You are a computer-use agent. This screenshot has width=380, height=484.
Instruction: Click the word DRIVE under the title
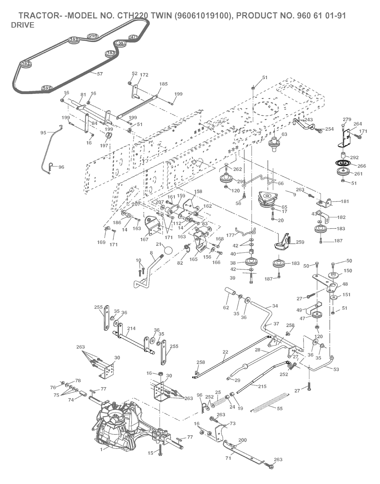click(23, 25)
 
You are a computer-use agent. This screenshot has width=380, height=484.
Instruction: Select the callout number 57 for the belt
click(99, 74)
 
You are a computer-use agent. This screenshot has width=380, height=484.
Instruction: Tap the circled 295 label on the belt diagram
click(92, 36)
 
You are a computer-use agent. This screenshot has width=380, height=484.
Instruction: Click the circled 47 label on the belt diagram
click(133, 37)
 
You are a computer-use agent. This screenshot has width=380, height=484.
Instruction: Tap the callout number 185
click(163, 84)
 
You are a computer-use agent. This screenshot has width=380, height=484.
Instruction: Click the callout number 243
click(308, 120)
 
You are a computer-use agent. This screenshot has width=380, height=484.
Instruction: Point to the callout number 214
click(131, 328)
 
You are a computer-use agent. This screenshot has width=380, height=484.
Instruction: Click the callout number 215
click(262, 386)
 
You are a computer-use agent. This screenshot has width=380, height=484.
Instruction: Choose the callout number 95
click(43, 132)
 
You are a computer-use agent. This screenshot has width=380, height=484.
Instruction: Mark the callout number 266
click(361, 166)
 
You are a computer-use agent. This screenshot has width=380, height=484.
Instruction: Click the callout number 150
click(347, 271)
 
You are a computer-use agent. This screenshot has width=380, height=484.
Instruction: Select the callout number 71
click(228, 458)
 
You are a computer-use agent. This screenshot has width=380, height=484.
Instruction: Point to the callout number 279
click(347, 119)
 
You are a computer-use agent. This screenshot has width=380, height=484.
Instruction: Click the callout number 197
click(104, 146)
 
